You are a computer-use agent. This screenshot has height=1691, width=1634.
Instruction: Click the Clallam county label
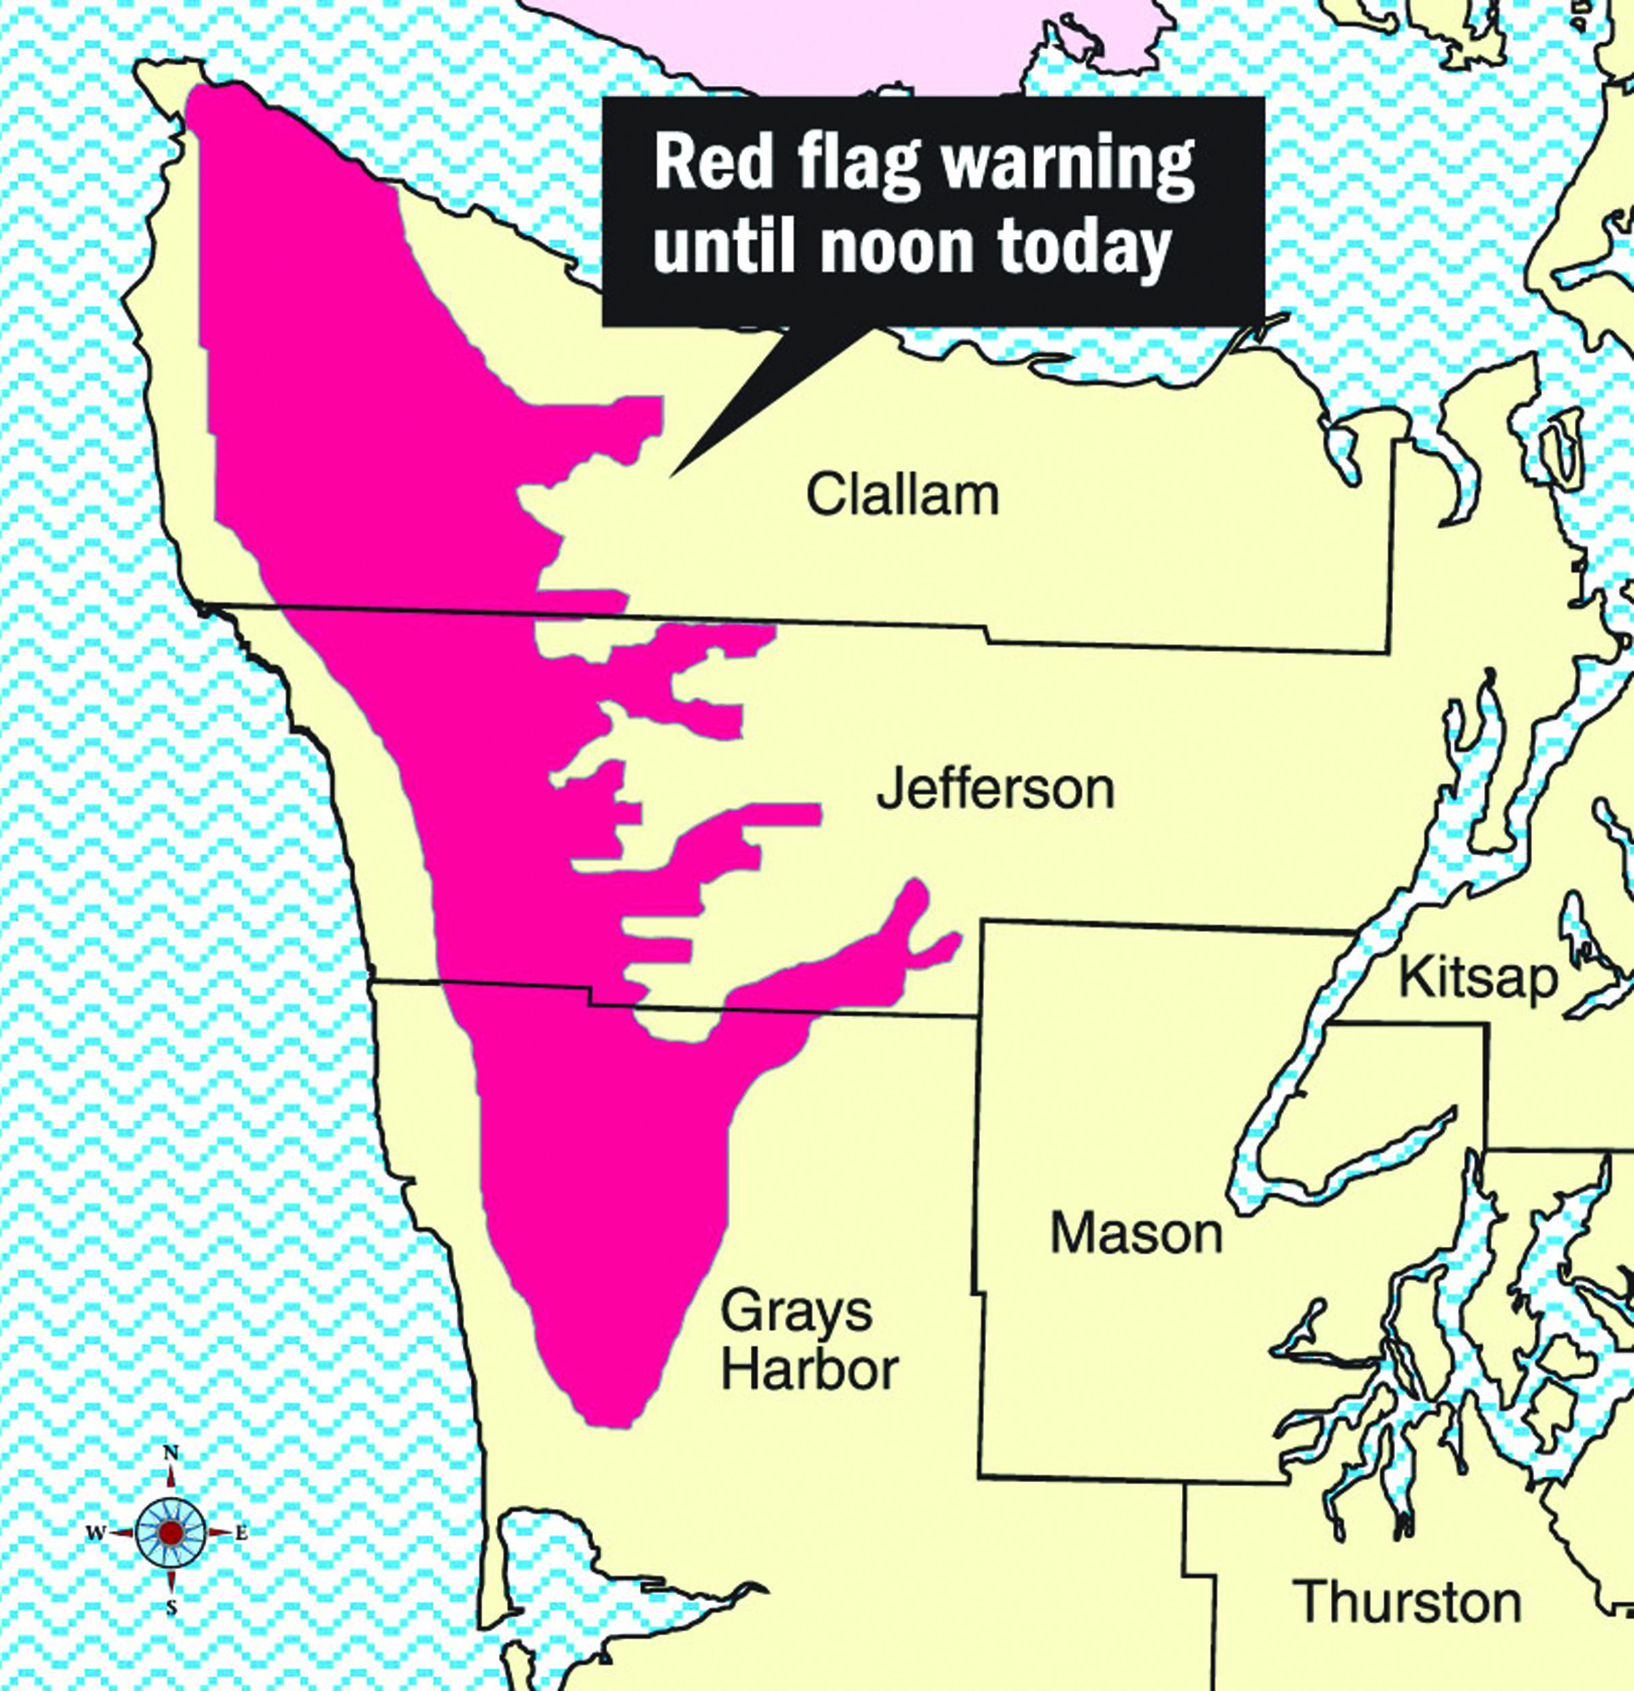[x=902, y=495]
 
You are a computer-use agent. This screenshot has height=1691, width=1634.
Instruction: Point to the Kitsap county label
[x=1479, y=979]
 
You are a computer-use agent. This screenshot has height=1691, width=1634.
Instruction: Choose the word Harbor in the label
[x=810, y=1368]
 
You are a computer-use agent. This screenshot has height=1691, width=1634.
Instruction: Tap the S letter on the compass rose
[x=172, y=1607]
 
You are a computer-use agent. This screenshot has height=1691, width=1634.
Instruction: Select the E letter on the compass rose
[x=242, y=1533]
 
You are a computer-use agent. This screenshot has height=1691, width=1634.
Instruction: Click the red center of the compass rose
[x=171, y=1532]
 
